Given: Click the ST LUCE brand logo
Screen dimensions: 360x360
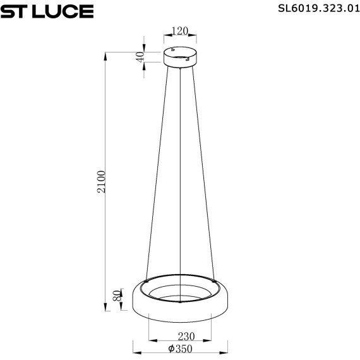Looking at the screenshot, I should (x=47, y=11).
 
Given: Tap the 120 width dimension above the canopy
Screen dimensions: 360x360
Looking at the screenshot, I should (x=181, y=31).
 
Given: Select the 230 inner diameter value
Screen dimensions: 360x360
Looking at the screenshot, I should (x=180, y=336).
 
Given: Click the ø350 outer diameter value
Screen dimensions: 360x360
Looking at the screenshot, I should (x=180, y=349).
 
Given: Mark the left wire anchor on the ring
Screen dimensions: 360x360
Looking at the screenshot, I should (x=147, y=279).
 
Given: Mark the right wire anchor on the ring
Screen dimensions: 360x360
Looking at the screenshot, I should (x=214, y=279).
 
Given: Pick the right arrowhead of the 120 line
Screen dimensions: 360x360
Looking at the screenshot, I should (x=196, y=37).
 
